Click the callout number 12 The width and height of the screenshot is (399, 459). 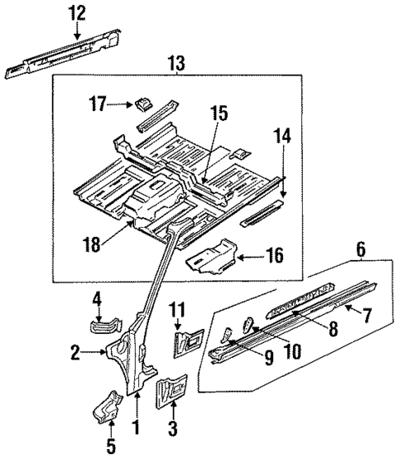(77, 12)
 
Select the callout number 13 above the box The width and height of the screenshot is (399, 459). (176, 63)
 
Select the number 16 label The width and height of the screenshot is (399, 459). (276, 258)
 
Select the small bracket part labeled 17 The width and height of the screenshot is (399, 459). (143, 104)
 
